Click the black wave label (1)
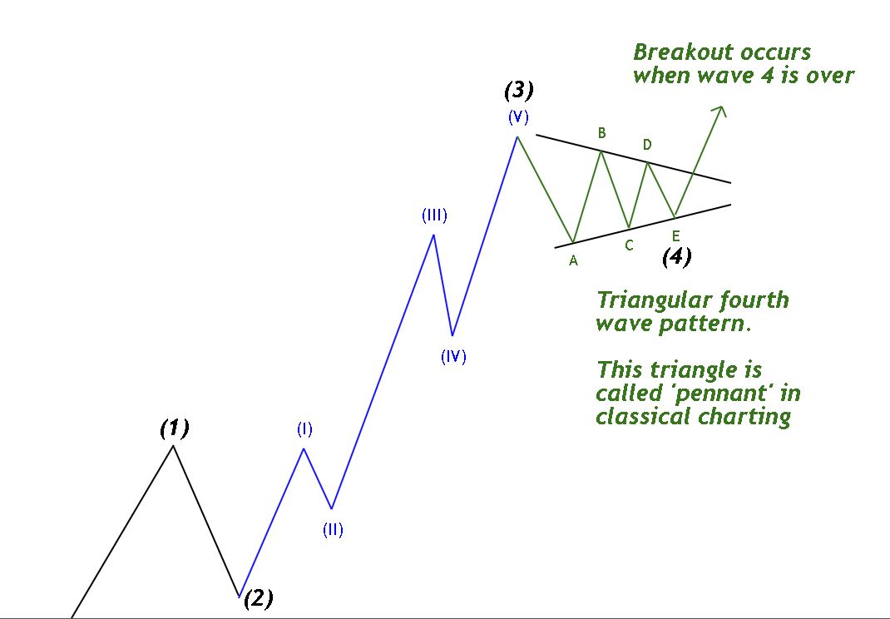(175, 428)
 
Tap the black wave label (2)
(258, 598)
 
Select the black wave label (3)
(519, 90)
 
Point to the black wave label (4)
(676, 256)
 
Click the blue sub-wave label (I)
(304, 429)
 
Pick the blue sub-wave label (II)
(334, 530)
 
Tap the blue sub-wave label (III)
(434, 215)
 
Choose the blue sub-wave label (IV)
(453, 357)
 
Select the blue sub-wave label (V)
(519, 117)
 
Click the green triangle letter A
(573, 260)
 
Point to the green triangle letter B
(601, 133)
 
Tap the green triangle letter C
(629, 245)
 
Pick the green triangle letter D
(647, 145)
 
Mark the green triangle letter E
(675, 235)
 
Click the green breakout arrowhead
(721, 111)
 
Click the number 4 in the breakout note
(767, 76)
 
